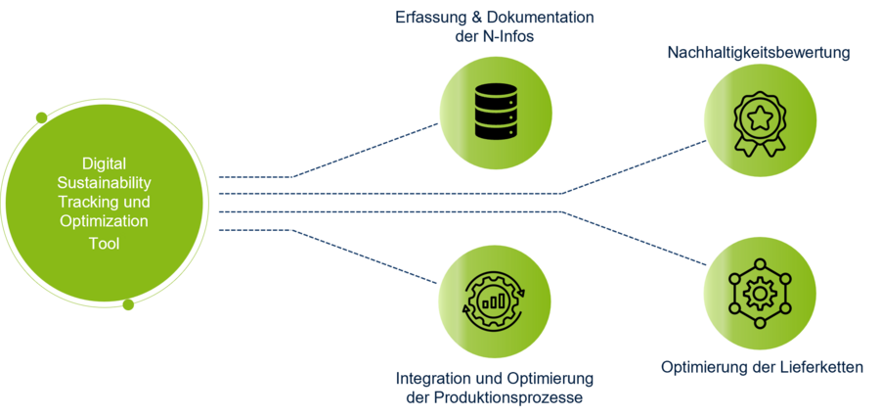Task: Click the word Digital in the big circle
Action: pos(104,163)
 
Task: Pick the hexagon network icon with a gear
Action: pos(758,291)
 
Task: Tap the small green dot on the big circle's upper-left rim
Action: pos(41,118)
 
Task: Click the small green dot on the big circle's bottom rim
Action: pos(128,305)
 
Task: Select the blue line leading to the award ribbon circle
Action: pos(636,166)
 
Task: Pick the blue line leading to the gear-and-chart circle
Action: pos(367,257)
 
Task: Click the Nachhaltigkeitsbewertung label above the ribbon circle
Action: pos(758,52)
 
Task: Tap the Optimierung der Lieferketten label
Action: pos(762,368)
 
